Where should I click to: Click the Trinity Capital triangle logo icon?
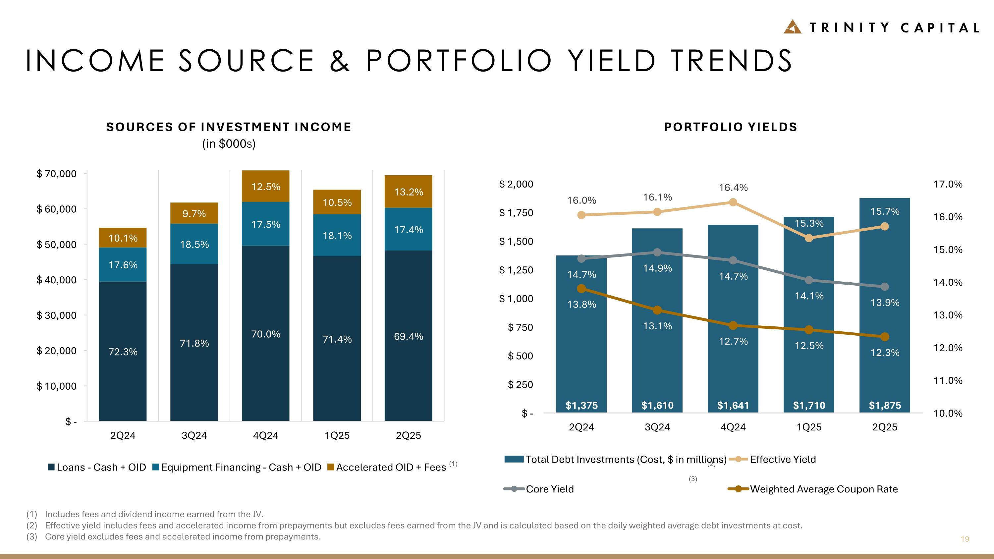point(793,27)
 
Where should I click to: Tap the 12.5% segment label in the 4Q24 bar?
point(265,187)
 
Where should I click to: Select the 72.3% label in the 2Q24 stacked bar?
point(123,352)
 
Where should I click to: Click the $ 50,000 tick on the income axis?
point(56,245)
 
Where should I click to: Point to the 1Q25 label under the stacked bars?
point(337,435)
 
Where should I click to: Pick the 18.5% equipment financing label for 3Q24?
point(194,245)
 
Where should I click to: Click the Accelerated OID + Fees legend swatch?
point(330,467)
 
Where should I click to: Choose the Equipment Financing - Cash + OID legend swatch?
point(156,467)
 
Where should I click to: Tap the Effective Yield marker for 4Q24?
point(733,202)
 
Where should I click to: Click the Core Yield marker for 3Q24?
point(657,252)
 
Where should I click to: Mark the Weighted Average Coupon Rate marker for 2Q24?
point(581,289)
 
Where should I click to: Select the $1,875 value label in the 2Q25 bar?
point(884,406)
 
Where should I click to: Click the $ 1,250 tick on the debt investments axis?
point(516,270)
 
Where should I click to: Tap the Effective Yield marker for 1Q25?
point(809,238)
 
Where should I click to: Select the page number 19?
point(965,539)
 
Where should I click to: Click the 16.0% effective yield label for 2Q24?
point(581,200)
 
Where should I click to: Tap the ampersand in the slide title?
point(340,61)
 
